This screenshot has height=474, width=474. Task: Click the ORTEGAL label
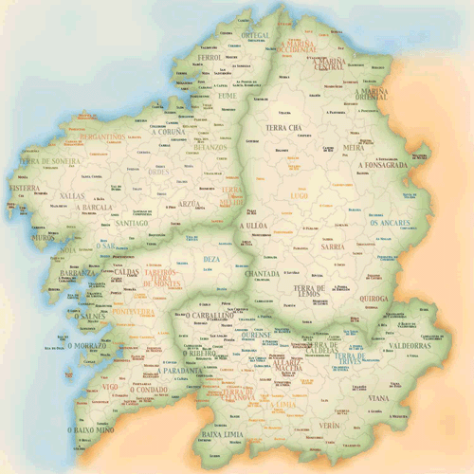256,35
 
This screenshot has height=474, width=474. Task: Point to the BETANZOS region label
210,147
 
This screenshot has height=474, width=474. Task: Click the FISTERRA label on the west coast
24,188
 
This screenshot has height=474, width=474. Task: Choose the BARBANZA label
76,273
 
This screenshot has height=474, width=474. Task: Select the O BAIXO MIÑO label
91,430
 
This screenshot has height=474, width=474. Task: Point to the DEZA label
212,258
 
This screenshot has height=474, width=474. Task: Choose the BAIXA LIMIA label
223,435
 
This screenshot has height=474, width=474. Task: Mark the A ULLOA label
254,227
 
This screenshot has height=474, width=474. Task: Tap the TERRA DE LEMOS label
309,292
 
